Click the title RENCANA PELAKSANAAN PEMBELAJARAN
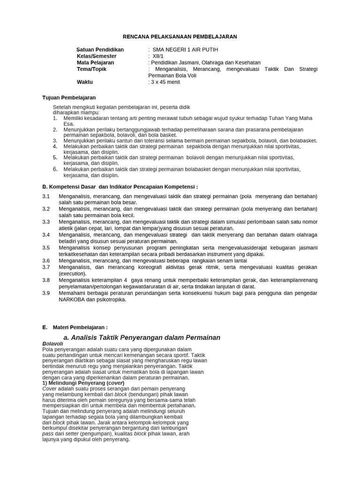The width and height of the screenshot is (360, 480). coord(180,37)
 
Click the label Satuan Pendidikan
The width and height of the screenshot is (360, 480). coord(100,50)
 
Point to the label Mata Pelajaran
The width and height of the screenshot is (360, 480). coord(96,63)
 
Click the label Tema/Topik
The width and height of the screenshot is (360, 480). coord(91,69)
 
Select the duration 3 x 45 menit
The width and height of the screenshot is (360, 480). coord(165,82)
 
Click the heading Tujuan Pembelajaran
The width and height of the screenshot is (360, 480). coord(69,97)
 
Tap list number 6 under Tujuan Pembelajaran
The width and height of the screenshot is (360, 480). coord(55,169)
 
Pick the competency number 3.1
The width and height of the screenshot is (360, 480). coord(46,196)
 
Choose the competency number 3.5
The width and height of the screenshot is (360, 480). coord(46,247)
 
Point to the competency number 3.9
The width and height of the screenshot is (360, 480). coord(46,293)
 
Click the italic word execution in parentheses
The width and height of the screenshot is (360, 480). coord(72,273)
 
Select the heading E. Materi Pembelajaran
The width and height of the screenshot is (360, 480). coord(75,327)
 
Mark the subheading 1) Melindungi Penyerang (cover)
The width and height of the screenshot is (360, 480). coord(83,383)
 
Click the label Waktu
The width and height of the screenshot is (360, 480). coord(85,82)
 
